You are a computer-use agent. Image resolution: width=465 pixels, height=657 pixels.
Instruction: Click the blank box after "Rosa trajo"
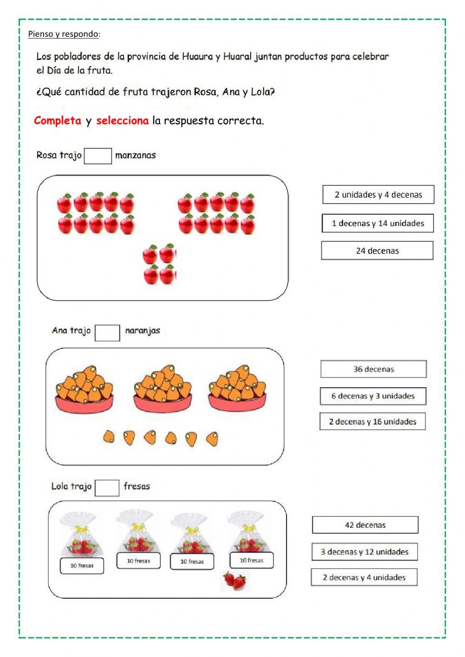(98, 156)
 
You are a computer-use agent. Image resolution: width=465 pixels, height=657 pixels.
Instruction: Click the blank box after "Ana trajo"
(107, 332)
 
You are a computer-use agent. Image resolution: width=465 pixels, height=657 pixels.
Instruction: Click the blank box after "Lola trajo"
(106, 488)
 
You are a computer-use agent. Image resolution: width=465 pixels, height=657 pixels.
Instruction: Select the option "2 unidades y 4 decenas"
(378, 195)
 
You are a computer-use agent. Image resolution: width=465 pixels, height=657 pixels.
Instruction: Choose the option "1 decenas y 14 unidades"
(378, 223)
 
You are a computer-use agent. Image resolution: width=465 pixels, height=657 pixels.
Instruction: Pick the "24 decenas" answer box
(377, 251)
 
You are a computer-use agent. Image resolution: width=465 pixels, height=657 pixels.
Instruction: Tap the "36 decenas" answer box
(373, 369)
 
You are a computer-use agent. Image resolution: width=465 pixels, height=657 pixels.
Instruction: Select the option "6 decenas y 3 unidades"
(373, 396)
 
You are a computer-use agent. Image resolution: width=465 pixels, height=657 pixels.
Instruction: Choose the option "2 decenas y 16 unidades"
(372, 422)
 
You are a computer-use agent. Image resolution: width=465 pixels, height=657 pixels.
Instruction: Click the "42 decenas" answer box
(365, 525)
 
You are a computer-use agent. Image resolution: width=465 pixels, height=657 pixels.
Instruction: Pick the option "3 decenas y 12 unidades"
(365, 552)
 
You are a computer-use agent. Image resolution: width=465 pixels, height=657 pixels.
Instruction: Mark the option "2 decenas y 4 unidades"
(364, 577)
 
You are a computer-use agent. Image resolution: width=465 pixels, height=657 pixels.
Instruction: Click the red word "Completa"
(58, 121)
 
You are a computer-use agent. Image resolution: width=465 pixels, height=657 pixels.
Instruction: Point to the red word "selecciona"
(122, 121)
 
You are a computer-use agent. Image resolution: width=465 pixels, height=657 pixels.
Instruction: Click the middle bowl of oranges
(162, 389)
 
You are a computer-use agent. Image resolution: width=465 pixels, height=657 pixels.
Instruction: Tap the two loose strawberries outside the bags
(235, 580)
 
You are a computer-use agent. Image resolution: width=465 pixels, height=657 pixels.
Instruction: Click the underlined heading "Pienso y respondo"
(63, 34)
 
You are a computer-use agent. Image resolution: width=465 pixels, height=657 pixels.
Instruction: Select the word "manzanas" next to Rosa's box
(135, 155)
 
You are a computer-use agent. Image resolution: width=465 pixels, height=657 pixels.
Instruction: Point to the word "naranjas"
(142, 331)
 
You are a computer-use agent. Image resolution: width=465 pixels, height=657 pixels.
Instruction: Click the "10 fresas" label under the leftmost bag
(82, 566)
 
